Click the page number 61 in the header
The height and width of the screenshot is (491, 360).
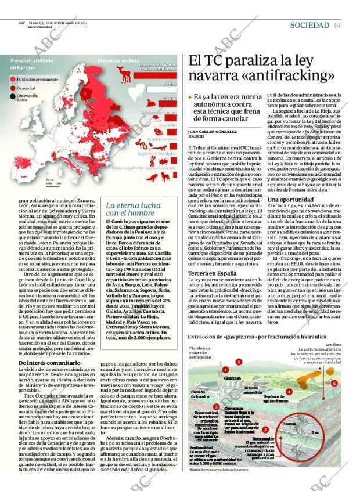point(337,25)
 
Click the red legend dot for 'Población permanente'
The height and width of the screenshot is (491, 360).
point(13,79)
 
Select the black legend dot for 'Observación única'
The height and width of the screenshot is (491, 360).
point(13,96)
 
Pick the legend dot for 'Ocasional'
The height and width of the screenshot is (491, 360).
point(13,88)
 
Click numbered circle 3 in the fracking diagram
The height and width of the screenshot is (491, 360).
point(239,362)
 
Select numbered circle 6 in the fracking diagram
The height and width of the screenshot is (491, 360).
point(334,384)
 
